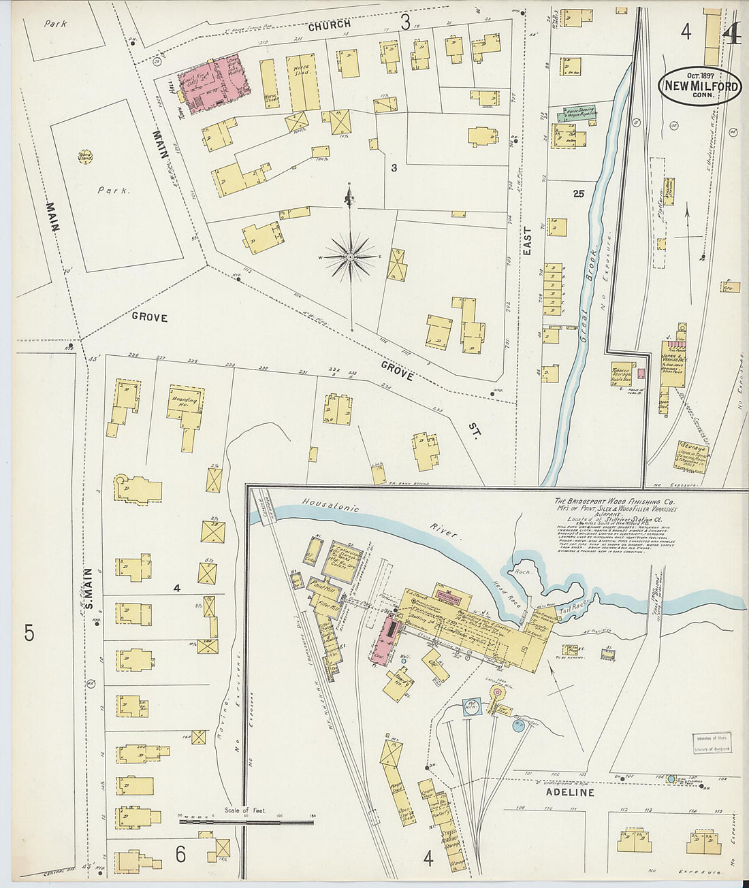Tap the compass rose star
point(349,257)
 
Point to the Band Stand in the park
point(86,157)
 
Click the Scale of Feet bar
point(246,821)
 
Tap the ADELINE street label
point(570,793)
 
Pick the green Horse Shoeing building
point(577,112)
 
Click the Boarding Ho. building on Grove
point(185,402)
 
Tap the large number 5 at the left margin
point(29,633)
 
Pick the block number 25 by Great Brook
point(579,194)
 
